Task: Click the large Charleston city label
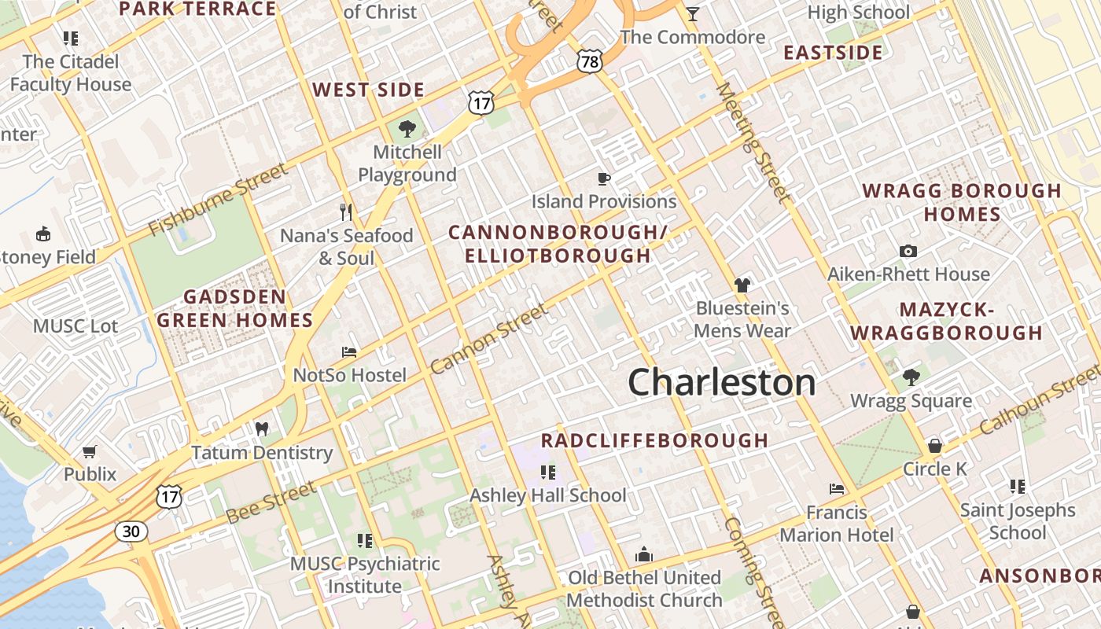click(x=721, y=383)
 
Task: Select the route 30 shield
click(x=131, y=532)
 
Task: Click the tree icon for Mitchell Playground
click(x=407, y=128)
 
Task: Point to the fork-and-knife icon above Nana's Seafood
click(x=346, y=212)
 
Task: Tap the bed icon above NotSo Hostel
click(x=349, y=351)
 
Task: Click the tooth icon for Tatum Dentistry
click(x=263, y=429)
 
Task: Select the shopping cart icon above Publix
click(x=90, y=451)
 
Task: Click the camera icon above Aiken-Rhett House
click(x=908, y=251)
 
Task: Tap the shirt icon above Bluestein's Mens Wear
click(x=742, y=285)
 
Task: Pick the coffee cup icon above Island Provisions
click(x=603, y=178)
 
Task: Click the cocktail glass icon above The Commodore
click(x=692, y=13)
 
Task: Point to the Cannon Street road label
click(x=488, y=339)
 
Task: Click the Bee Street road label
click(x=271, y=502)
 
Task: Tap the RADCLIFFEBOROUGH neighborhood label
click(x=654, y=440)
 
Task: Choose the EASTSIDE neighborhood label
click(x=833, y=53)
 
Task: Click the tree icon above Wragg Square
click(x=911, y=377)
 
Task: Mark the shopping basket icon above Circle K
click(x=934, y=446)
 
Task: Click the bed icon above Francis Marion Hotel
click(x=837, y=489)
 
